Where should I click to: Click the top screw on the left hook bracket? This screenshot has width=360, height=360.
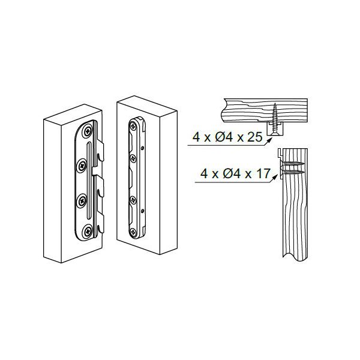coord(88,131)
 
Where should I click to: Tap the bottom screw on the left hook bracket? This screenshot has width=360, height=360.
coord(88,231)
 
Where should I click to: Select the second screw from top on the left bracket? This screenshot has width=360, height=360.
coord(82,165)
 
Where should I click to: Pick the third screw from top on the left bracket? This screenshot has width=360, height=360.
coord(82,201)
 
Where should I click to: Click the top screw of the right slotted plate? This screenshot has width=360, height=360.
coord(133,125)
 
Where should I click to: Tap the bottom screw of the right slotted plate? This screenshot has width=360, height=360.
coord(133,232)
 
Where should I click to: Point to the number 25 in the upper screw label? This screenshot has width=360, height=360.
coord(254,137)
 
